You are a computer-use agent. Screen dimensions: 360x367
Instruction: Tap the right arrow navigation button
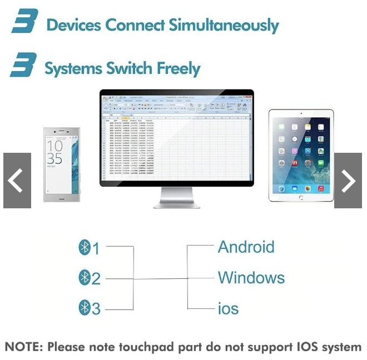348,181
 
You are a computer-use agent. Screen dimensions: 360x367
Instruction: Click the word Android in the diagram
246,247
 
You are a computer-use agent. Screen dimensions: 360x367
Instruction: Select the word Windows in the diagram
251,277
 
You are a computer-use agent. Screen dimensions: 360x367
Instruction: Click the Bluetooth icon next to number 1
85,247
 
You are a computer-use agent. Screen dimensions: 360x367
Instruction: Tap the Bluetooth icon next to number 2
85,277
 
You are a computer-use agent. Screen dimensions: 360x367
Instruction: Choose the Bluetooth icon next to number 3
85,307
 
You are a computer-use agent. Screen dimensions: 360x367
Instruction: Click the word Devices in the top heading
75,25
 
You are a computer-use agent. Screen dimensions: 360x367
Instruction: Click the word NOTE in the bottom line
23,347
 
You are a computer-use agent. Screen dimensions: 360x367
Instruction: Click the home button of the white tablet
301,197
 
